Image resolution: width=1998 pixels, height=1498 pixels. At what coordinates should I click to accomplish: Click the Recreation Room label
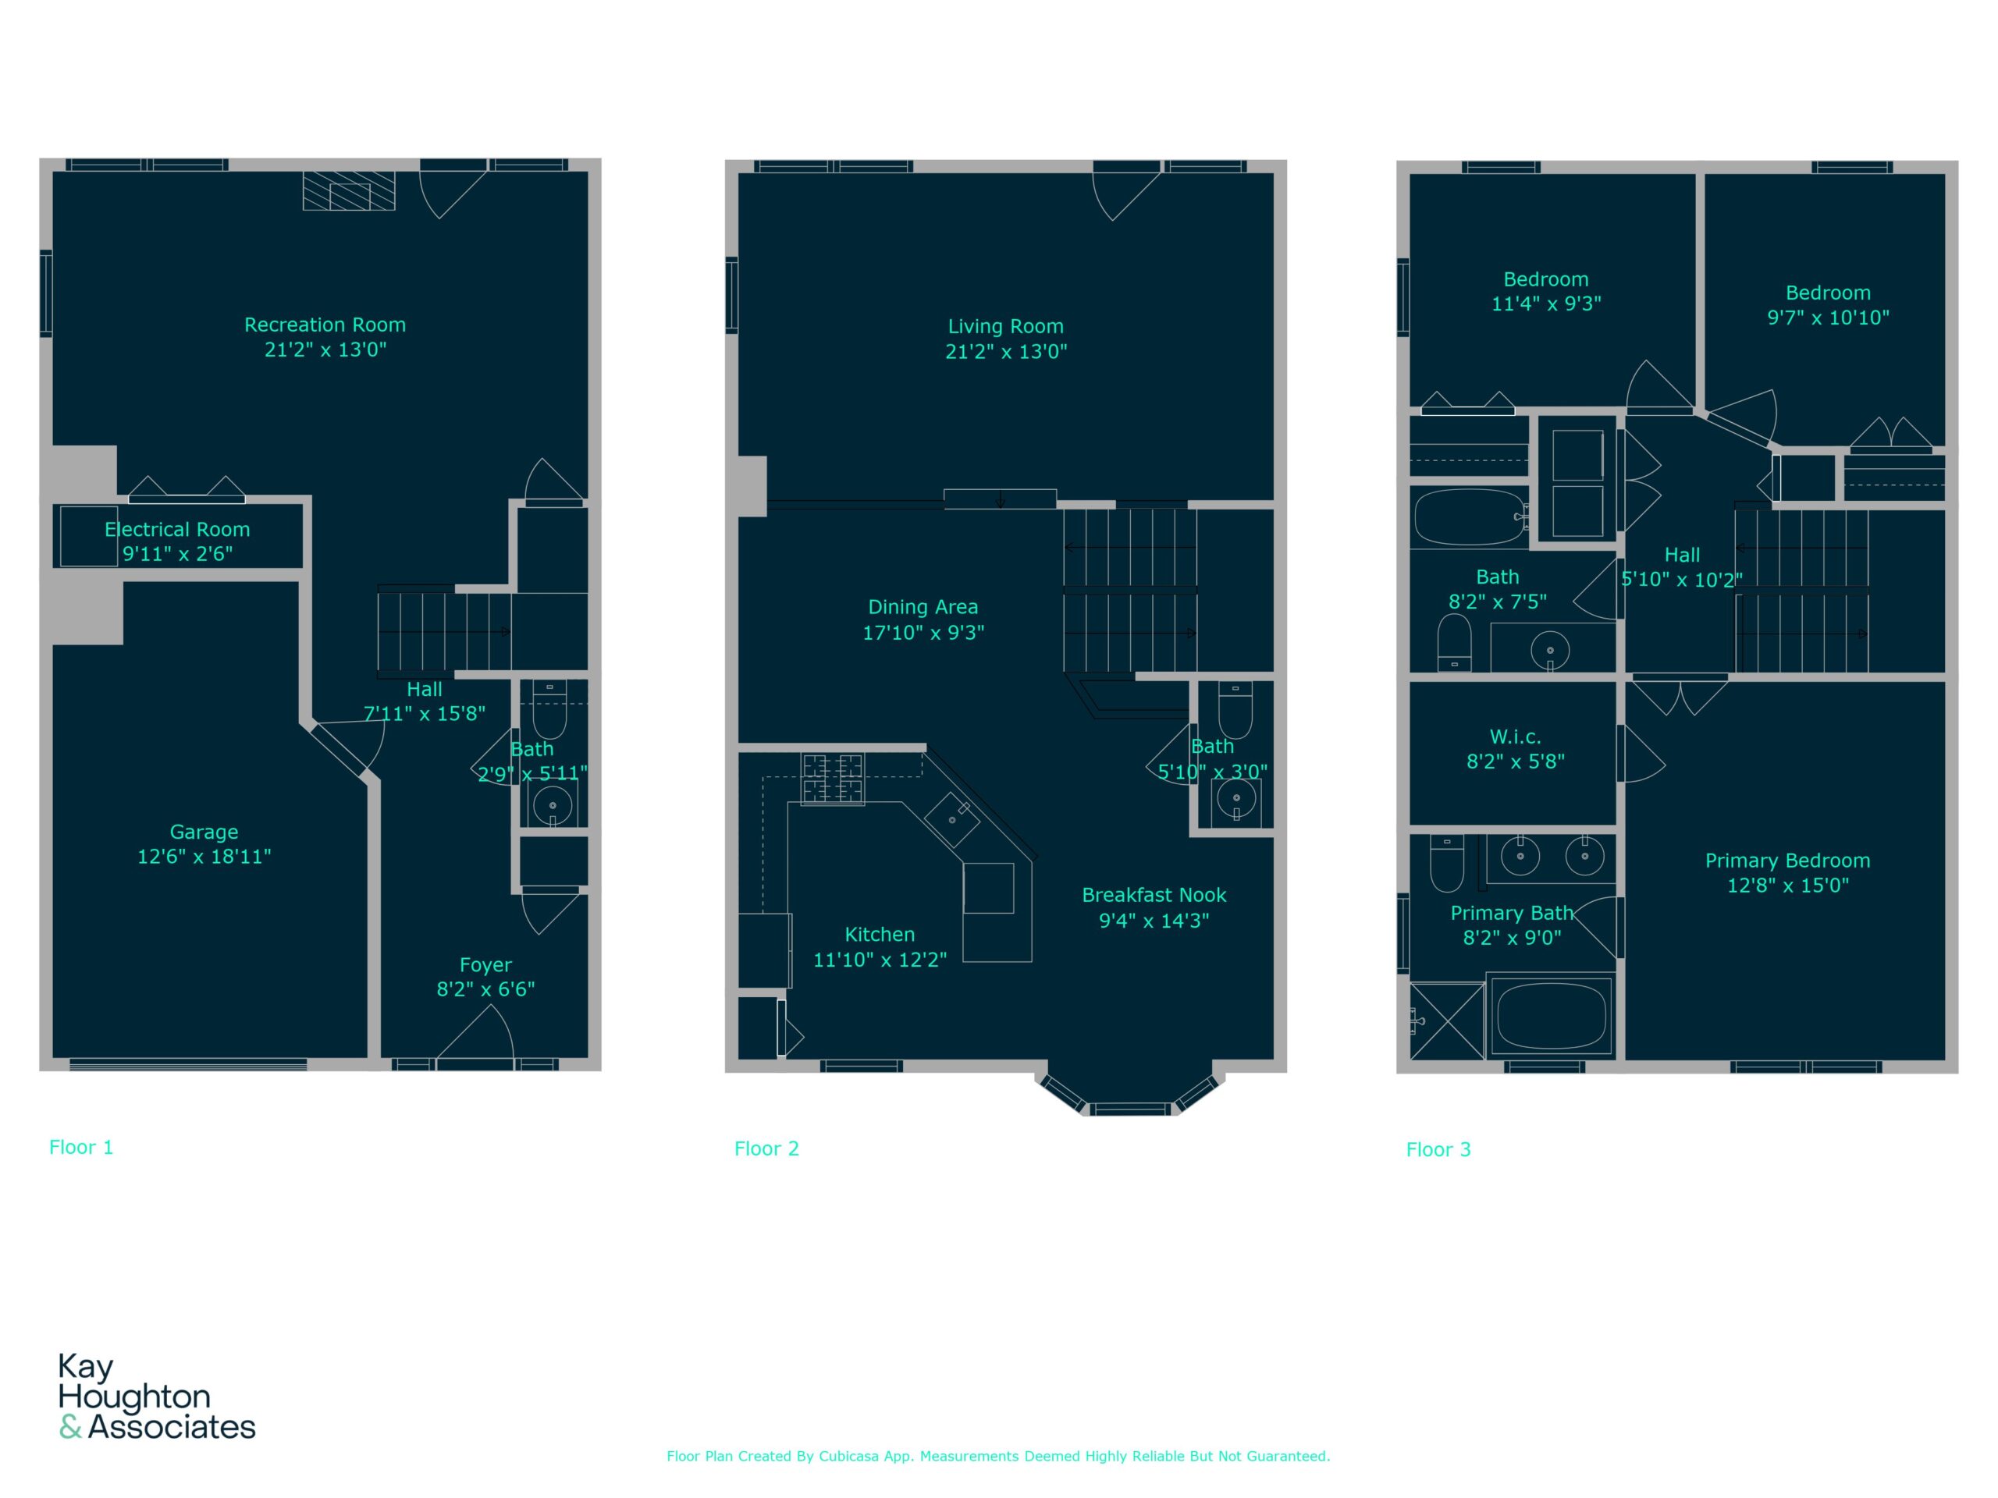325,325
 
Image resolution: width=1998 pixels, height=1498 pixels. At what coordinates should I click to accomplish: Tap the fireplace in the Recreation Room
349,190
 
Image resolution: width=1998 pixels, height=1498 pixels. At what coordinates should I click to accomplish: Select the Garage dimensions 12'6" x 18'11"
204,856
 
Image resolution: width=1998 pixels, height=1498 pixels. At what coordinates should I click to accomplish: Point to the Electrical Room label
177,529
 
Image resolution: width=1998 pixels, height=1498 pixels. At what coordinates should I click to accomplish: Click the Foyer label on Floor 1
486,965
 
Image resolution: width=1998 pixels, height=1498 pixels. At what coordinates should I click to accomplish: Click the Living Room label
1005,327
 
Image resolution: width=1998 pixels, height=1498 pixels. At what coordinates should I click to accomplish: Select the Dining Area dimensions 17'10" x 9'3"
923,632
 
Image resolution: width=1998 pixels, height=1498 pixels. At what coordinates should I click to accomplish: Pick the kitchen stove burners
832,779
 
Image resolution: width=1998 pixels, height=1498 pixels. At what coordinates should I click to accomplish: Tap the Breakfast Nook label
1154,895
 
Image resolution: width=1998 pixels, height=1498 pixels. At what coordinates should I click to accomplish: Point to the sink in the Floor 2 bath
1236,798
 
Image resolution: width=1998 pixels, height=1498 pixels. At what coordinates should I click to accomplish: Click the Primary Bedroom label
1787,861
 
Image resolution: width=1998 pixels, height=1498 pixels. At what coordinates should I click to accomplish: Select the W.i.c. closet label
1516,737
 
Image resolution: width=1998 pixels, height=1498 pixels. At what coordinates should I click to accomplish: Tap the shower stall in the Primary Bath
1447,1021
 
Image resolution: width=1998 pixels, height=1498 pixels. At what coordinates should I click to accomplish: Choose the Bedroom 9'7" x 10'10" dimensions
1828,318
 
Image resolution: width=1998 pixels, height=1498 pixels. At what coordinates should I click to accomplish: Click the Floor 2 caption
767,1148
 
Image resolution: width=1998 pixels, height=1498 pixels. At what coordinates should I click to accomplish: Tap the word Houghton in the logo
134,1398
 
